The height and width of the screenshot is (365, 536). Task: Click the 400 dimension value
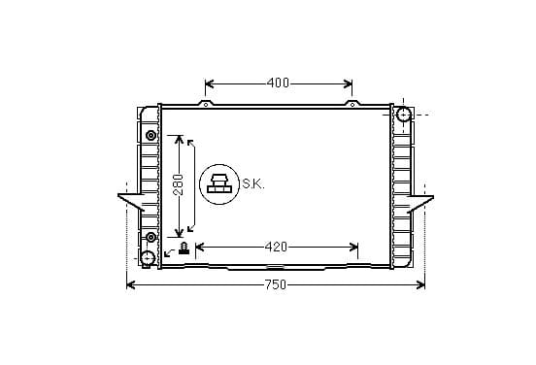click(278, 83)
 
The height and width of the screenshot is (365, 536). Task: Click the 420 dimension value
click(276, 247)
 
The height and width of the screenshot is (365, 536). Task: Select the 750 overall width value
click(276, 284)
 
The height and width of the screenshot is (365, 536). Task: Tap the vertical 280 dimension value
click(178, 184)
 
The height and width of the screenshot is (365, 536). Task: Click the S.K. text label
click(253, 184)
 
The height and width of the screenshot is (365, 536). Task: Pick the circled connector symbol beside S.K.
click(219, 184)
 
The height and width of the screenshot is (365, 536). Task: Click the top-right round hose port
click(403, 115)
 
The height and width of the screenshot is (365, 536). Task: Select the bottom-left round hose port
click(148, 258)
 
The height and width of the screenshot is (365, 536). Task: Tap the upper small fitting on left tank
click(151, 135)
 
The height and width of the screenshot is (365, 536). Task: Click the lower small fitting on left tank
click(151, 237)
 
